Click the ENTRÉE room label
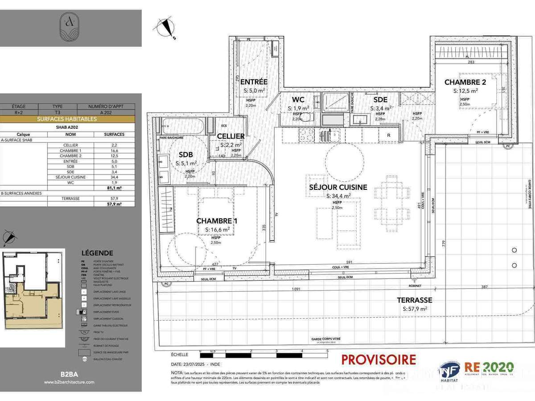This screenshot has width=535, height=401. click(x=254, y=82)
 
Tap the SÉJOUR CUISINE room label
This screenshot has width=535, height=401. click(x=338, y=188)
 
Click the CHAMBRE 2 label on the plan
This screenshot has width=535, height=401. click(x=465, y=82)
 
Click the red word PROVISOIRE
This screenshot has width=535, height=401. click(x=379, y=360)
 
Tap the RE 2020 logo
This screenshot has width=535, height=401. click(x=489, y=368)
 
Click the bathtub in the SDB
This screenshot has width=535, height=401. click(x=183, y=126)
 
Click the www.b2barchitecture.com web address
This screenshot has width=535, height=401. click(x=69, y=382)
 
